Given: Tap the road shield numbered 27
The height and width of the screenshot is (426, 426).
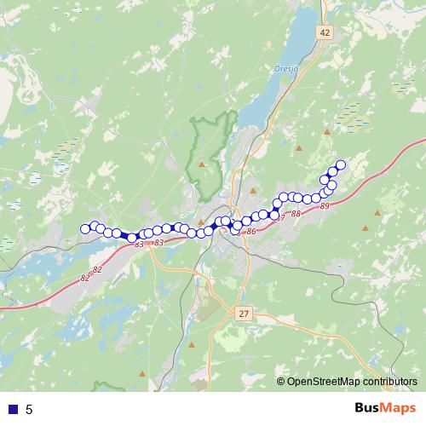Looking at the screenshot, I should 245,314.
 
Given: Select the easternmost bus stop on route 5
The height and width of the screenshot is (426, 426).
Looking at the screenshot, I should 342,164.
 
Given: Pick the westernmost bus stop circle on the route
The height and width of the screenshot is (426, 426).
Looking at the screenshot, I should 85,227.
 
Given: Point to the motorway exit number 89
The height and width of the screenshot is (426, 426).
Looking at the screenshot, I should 325,206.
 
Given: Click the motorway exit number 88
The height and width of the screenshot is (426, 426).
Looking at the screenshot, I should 296,213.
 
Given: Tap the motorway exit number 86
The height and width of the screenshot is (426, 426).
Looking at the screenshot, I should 250,231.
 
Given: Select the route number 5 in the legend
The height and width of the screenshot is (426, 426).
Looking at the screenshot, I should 29,409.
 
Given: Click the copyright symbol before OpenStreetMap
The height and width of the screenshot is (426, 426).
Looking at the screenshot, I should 280,382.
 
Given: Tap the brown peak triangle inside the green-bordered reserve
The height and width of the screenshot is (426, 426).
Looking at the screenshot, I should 202,163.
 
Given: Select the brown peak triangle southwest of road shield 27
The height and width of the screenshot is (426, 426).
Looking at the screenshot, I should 192,345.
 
